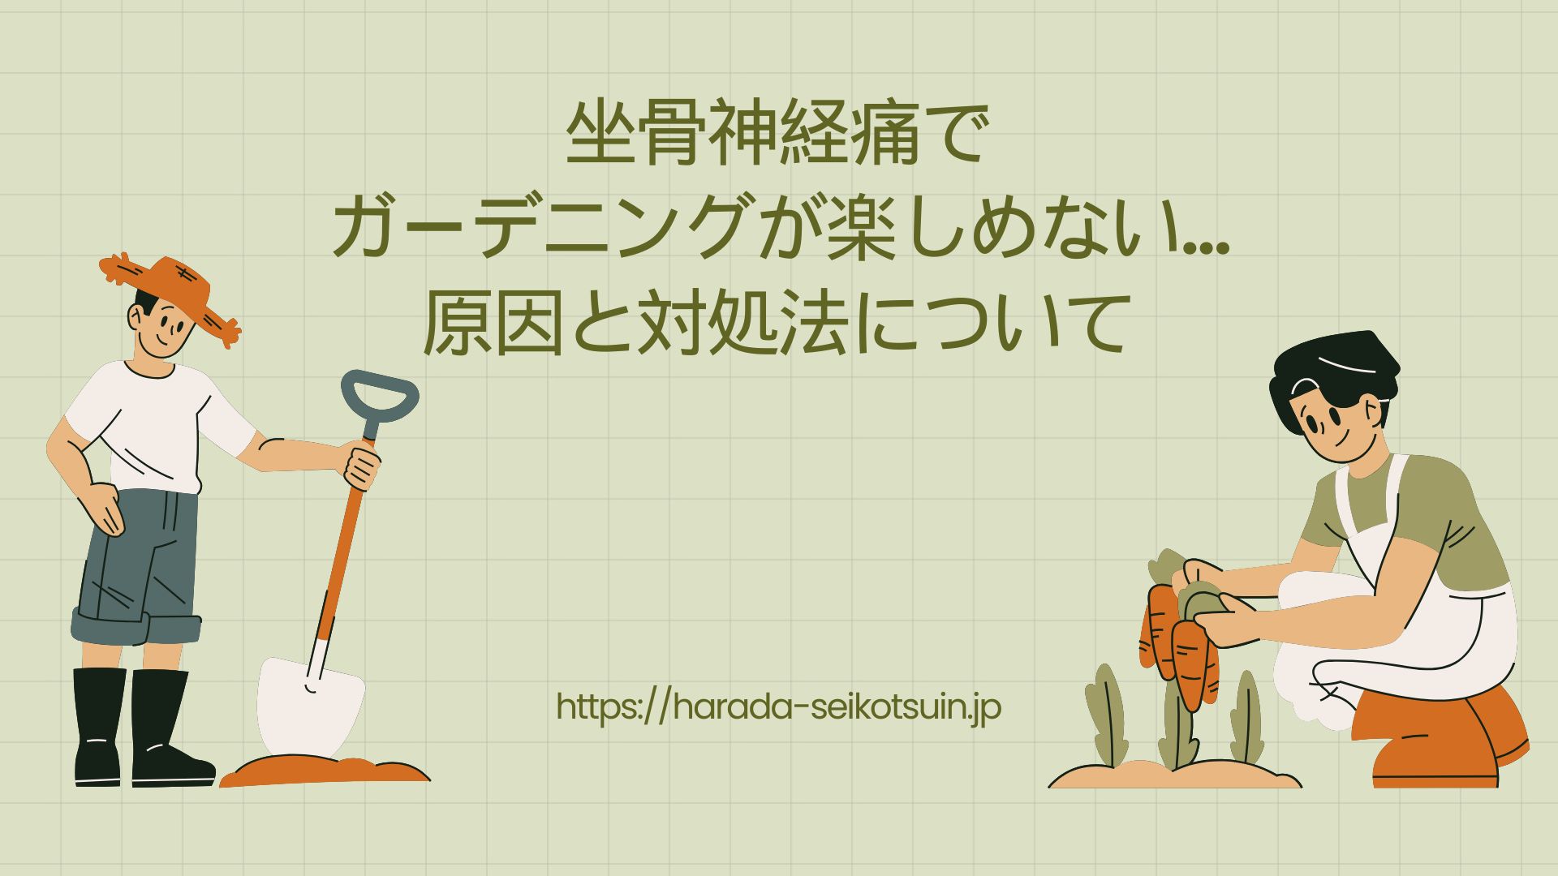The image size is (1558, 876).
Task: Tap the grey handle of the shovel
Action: [379, 397]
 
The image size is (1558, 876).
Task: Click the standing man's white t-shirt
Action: [154, 426]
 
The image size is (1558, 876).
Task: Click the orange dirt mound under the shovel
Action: [325, 771]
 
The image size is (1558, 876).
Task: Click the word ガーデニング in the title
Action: [540, 228]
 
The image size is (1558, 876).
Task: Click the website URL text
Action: [779, 707]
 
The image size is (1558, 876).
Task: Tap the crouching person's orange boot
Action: [1436, 742]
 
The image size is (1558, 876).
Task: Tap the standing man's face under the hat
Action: [162, 324]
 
